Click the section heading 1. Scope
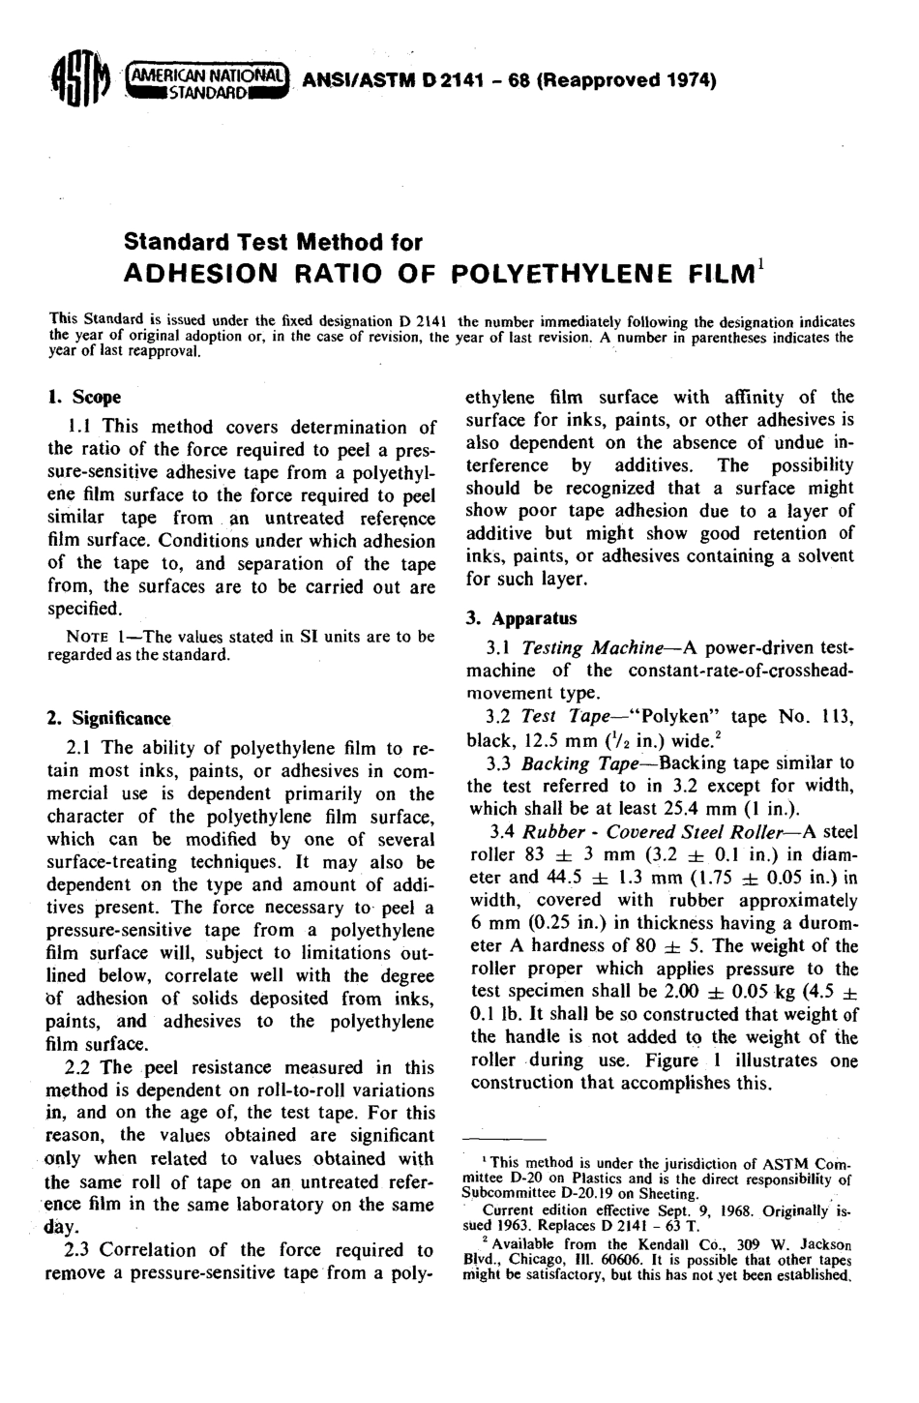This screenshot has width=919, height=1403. (x=85, y=397)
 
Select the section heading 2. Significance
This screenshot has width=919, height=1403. (x=108, y=719)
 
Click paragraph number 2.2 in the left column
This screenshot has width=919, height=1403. (x=79, y=1067)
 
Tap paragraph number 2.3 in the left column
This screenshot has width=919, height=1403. (x=79, y=1250)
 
